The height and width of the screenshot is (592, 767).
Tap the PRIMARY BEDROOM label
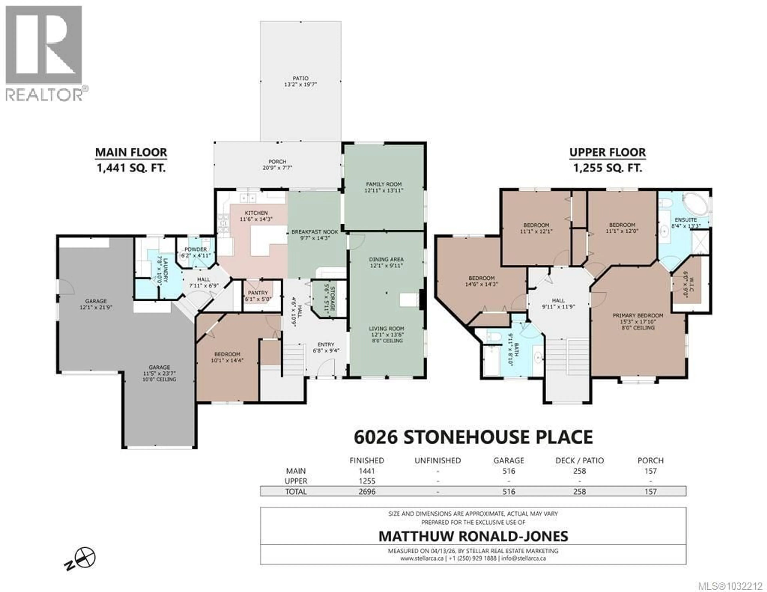click(x=638, y=316)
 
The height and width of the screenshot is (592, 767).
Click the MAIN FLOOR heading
click(x=131, y=153)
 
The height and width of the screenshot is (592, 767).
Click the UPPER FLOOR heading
click(x=607, y=153)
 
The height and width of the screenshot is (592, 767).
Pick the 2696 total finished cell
click(x=367, y=492)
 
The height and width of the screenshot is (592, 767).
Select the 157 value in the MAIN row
click(x=650, y=471)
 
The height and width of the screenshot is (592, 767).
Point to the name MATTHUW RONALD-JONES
click(x=473, y=536)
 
